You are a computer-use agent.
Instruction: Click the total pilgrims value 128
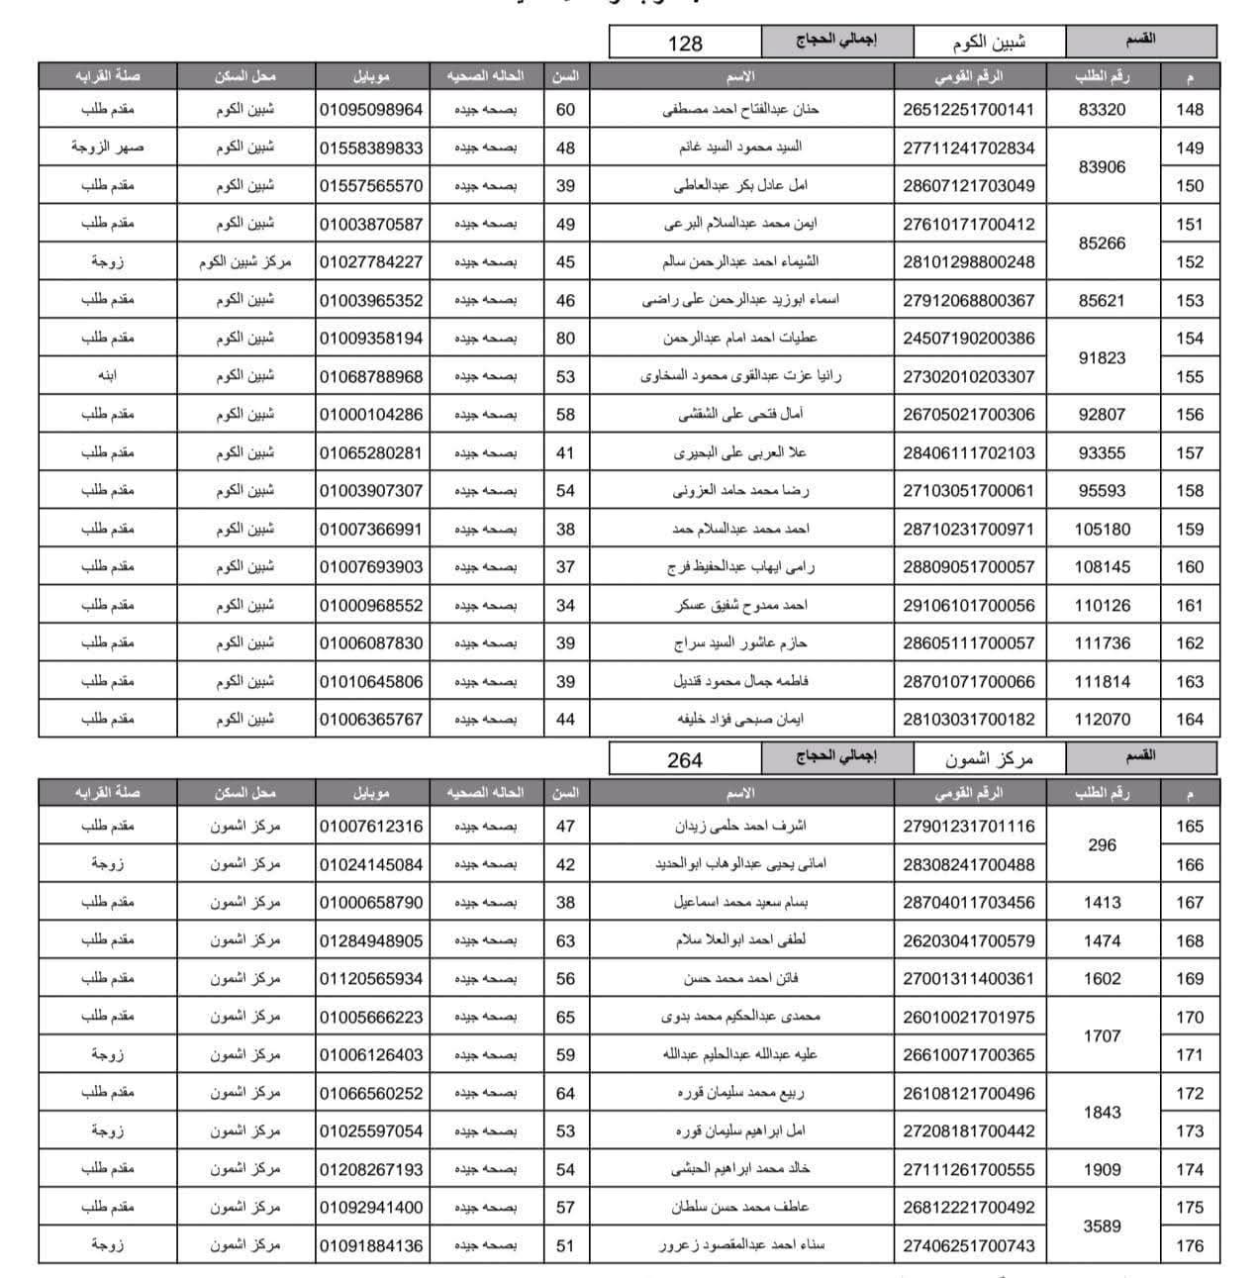tap(685, 43)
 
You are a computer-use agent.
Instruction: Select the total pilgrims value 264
tap(685, 759)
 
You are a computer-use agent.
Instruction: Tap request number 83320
tap(1102, 110)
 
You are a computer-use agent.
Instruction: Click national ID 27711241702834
tap(968, 148)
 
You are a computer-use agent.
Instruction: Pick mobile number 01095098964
tap(371, 110)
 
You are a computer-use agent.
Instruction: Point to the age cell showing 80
tap(565, 339)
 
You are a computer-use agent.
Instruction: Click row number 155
tap(1190, 377)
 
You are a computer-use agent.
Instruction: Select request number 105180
tap(1102, 530)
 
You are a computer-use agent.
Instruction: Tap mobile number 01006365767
tap(371, 720)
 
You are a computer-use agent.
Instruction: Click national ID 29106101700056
tap(968, 606)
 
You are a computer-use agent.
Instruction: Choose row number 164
tap(1190, 720)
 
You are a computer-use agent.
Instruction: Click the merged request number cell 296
tap(1102, 845)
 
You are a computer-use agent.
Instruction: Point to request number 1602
tap(1102, 979)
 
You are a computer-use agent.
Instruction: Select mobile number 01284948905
tap(371, 940)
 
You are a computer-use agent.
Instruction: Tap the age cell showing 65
tap(565, 1017)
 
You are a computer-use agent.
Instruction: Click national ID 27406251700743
tap(968, 1246)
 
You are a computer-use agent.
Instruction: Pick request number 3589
tap(1102, 1227)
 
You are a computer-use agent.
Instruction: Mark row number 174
tap(1190, 1170)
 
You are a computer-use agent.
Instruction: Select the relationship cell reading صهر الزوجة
tap(108, 148)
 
